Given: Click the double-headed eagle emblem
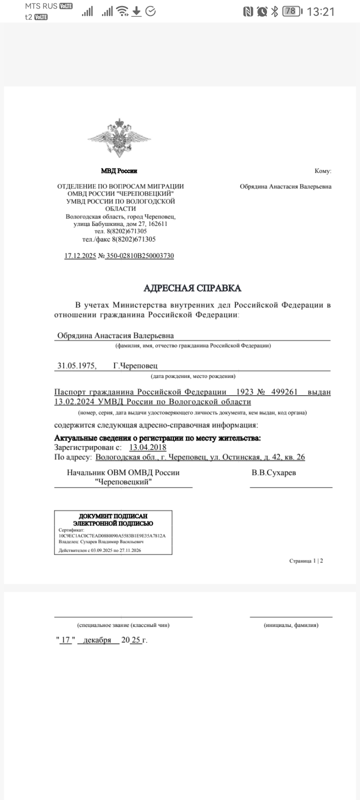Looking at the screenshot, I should pyautogui.click(x=119, y=138).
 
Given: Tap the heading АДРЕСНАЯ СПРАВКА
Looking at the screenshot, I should pyautogui.click(x=192, y=288).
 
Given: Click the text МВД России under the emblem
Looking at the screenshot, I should pyautogui.click(x=119, y=171).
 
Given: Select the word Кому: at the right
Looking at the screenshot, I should pyautogui.click(x=322, y=171).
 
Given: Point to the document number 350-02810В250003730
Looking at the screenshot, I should pyautogui.click(x=140, y=255).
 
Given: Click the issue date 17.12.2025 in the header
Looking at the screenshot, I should pyautogui.click(x=80, y=255).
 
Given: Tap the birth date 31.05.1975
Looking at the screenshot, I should pyautogui.click(x=77, y=365).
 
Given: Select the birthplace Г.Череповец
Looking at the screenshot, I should pyautogui.click(x=135, y=365).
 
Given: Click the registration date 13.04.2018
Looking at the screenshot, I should pyautogui.click(x=147, y=447).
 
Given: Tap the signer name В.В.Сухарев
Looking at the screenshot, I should pyautogui.click(x=273, y=472).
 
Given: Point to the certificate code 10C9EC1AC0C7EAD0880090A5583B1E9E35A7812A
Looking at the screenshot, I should pyautogui.click(x=112, y=535).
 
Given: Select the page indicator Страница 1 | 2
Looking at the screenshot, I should pyautogui.click(x=306, y=560).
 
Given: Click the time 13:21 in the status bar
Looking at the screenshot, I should pyautogui.click(x=320, y=11).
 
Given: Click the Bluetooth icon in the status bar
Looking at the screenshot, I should pyautogui.click(x=274, y=11).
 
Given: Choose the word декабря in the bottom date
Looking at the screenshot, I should pyautogui.click(x=97, y=640).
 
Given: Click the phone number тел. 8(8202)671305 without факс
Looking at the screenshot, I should pyautogui.click(x=120, y=231).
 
